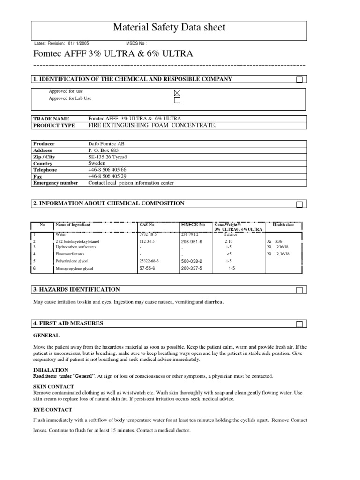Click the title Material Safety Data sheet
(x=169, y=28)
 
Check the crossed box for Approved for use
(x=177, y=93)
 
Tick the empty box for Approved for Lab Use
(x=177, y=100)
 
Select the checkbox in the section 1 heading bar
(x=300, y=80)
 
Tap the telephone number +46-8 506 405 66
(x=107, y=170)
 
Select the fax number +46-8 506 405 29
(x=107, y=176)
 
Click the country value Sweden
(x=97, y=163)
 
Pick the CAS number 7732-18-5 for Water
(x=149, y=234)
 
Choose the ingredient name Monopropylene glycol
(x=75, y=269)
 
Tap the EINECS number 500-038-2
(x=191, y=261)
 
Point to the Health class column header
(x=283, y=225)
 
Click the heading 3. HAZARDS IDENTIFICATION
(x=76, y=290)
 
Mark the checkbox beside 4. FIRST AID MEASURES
(x=300, y=324)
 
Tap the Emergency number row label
(x=56, y=183)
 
